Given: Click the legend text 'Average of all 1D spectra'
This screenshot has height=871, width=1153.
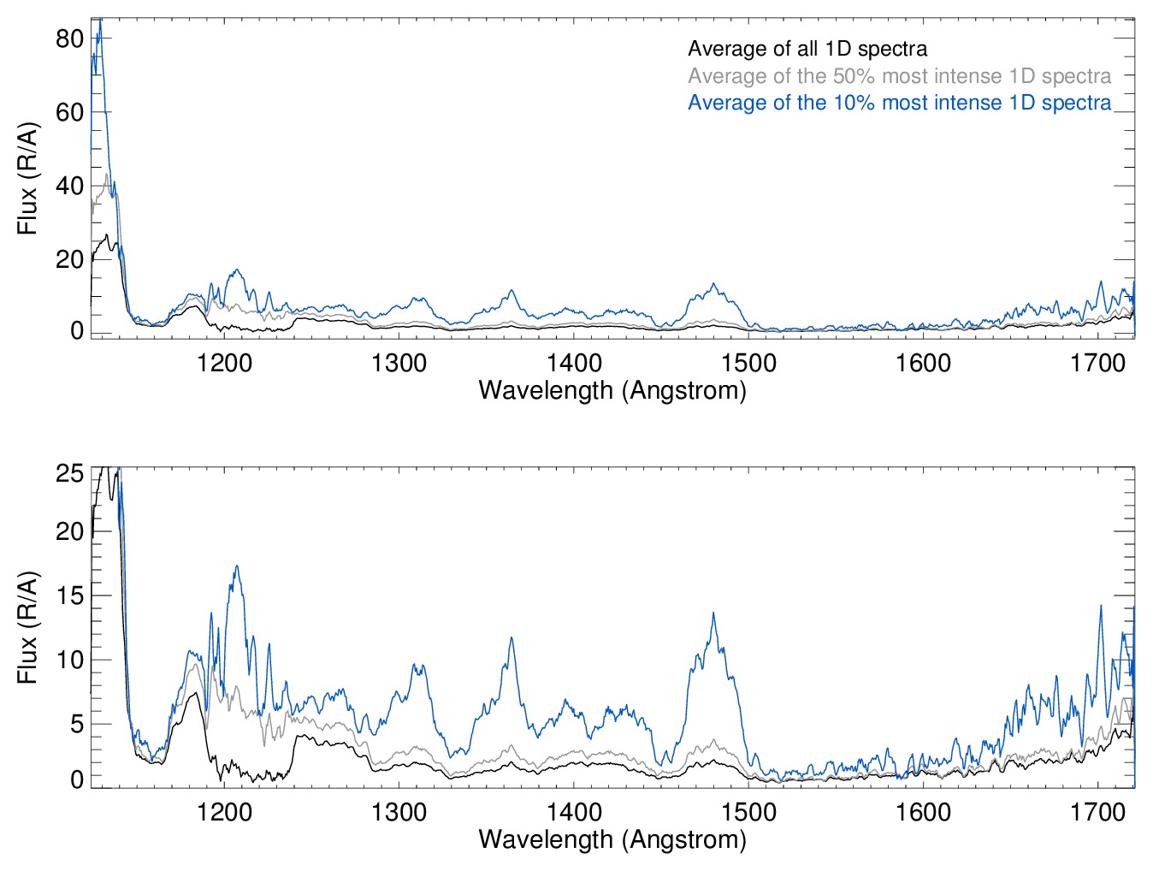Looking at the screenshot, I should click(x=807, y=49).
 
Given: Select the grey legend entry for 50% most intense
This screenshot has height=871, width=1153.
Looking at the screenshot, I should click(x=899, y=76).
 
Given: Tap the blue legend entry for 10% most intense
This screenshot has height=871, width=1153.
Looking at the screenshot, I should click(x=899, y=103).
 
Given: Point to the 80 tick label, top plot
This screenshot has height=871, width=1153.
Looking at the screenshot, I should click(x=69, y=39).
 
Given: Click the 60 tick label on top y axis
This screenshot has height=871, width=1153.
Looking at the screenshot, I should click(x=69, y=112).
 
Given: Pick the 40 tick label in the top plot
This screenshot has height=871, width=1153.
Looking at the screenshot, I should click(x=69, y=186).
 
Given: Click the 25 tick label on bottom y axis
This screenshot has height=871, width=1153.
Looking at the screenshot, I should click(x=69, y=473).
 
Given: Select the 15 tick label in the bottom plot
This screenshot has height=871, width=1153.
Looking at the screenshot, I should click(x=69, y=595).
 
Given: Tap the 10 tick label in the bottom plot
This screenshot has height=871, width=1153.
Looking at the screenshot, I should click(x=69, y=660).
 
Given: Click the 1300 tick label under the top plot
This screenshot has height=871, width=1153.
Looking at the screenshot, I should click(x=399, y=364).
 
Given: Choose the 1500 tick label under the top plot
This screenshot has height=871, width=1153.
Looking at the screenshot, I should click(x=748, y=364).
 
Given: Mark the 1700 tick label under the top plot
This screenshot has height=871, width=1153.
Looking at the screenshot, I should click(x=1097, y=364).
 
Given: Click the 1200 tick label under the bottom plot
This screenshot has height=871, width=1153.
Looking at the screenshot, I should click(x=224, y=812).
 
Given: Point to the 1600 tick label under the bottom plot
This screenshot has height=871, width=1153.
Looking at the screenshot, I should click(x=923, y=812).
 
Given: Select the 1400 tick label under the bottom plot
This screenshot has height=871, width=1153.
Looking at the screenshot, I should click(x=574, y=812).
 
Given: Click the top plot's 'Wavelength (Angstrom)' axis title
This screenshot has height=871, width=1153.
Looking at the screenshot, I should click(x=612, y=391).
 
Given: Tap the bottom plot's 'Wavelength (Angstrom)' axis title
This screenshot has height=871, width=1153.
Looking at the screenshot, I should click(x=612, y=839).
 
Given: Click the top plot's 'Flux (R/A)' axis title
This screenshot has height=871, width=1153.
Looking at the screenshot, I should click(x=27, y=179).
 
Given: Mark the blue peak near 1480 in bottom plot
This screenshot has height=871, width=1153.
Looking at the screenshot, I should click(x=713, y=613).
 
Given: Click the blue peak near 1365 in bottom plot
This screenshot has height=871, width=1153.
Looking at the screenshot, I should click(x=511, y=638).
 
